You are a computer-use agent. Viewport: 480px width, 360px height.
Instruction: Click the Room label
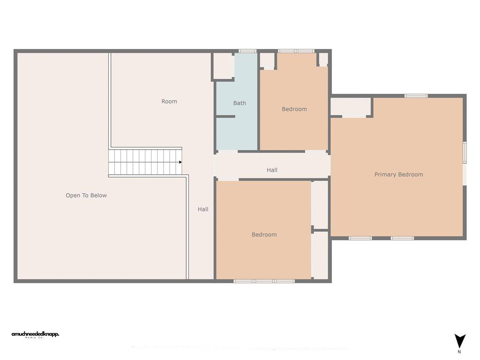pos(169,101)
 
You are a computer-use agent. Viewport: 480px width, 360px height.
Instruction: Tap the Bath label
pos(240,103)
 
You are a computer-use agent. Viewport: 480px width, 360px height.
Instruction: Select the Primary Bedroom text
pos(398,174)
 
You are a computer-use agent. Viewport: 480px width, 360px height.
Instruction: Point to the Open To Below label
pos(86,195)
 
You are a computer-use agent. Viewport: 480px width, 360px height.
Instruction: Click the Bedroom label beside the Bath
pos(294,109)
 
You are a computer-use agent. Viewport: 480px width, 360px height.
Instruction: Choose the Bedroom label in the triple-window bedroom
pos(264,235)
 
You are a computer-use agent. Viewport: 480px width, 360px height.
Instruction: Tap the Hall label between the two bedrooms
pos(272,170)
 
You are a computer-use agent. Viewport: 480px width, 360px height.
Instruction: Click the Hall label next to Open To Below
pos(203,210)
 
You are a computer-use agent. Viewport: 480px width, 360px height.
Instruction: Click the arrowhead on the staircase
pos(180,162)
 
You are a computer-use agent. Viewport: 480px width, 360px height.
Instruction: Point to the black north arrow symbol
pos(460,341)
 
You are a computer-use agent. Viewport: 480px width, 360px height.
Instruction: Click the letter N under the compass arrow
pos(459,352)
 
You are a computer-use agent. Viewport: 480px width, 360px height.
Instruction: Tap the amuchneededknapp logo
pos(35,335)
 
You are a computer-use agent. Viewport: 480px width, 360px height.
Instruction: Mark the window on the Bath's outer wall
pos(247,51)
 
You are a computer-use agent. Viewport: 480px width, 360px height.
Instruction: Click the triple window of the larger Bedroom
pos(264,281)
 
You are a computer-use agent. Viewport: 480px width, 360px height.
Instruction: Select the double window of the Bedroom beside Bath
pos(296,51)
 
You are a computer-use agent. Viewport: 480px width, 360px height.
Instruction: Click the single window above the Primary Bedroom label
pos(416,96)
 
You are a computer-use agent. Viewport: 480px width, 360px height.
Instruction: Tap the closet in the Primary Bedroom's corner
pos(351,107)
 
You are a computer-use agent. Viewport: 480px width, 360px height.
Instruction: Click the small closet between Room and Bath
pos(224,66)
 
